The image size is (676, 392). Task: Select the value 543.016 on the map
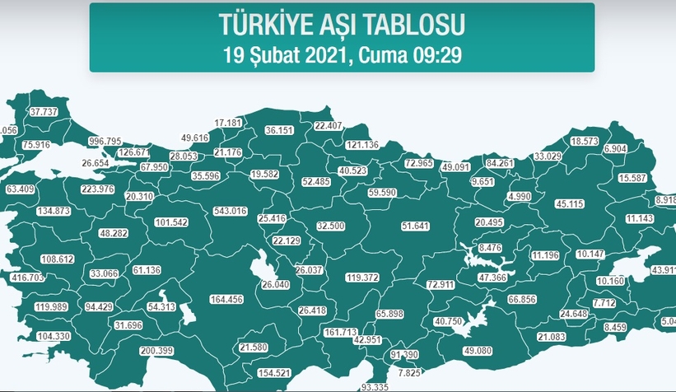(x=231, y=212)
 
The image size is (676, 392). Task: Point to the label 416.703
(x=27, y=278)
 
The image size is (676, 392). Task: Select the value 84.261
(x=501, y=163)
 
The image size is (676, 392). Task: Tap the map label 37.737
(x=44, y=111)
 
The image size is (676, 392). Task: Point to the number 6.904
(x=615, y=148)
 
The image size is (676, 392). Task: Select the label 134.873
(x=54, y=211)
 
